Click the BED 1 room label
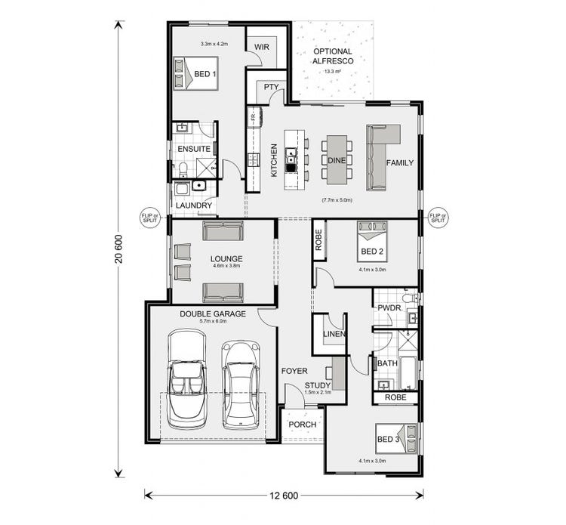point(205,74)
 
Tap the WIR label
point(262,47)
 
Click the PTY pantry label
point(272,88)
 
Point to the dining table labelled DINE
point(336,159)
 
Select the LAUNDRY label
point(194,205)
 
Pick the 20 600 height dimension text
point(118,249)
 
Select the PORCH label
point(302,424)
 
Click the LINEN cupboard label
point(334,334)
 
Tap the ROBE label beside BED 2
point(318,239)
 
